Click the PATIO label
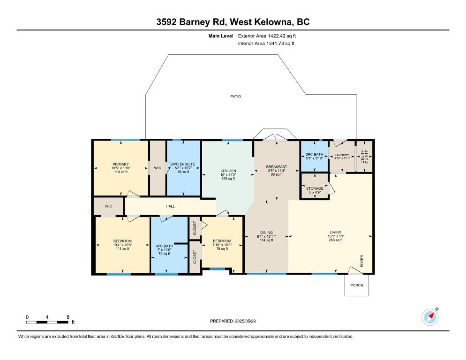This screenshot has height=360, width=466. tap(235, 96)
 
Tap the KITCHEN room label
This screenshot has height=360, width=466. tap(228, 171)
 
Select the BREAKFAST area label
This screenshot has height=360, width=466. tap(277, 167)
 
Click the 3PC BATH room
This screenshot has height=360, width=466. tap(315, 157)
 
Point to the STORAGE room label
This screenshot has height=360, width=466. tap(315, 188)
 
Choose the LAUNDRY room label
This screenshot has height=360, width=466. tap(342, 155)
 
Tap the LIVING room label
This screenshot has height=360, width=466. tap(336, 232)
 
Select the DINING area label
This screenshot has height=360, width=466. tap(266, 232)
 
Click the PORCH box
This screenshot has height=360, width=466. tap(357, 285)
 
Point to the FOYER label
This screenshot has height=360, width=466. tap(361, 261)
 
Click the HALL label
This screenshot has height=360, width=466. tap(170, 206)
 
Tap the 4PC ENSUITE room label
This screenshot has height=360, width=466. tap(183, 164)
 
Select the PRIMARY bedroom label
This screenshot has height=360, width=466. tap(120, 164)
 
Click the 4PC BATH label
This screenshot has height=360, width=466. tap(165, 246)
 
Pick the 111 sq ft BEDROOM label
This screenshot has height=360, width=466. tap(122, 241)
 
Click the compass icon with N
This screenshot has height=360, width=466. tap(430, 317)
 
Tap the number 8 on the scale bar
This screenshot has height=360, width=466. tap(68, 317)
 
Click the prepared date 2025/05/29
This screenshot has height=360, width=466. tap(245, 321)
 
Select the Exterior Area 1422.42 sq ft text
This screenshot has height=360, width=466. tap(267, 36)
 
